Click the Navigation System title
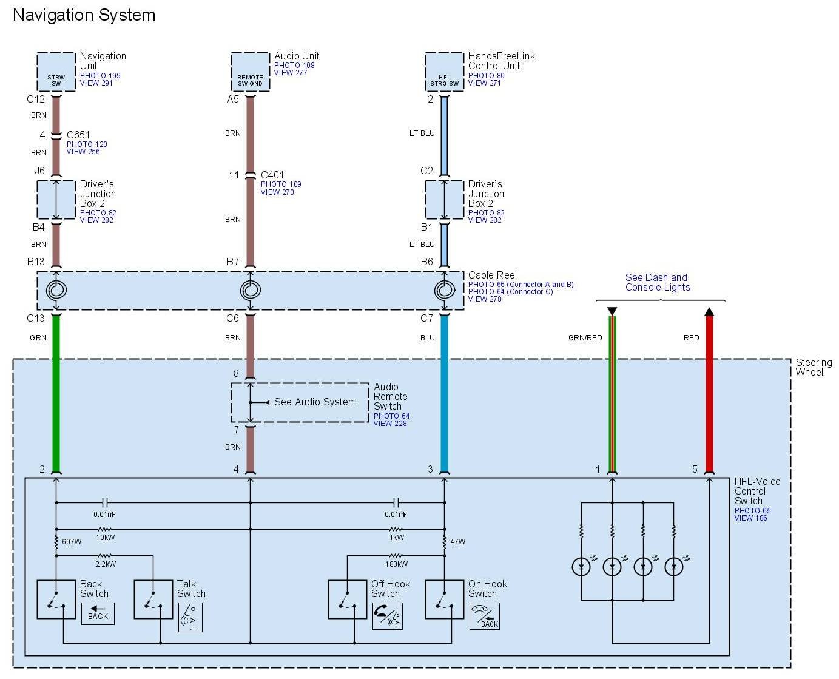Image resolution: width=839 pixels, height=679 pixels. (84, 15)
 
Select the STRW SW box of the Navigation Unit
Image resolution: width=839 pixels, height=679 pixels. (56, 72)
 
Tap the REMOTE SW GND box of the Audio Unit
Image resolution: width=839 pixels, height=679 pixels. (250, 72)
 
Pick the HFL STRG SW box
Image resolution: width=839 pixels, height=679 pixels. (444, 72)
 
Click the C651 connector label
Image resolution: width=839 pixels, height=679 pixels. (78, 135)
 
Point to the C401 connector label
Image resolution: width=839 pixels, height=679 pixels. (272, 175)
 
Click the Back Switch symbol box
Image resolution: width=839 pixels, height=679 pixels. (56, 600)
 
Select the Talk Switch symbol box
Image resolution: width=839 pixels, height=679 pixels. (153, 600)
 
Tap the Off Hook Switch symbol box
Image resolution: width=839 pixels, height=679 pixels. (348, 600)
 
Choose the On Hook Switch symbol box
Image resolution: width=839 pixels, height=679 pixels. (444, 600)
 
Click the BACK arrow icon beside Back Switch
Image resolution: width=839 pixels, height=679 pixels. (98, 613)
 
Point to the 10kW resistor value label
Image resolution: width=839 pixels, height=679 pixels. (105, 538)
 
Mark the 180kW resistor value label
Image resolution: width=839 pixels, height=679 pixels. (396, 564)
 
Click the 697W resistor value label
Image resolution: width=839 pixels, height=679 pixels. (72, 541)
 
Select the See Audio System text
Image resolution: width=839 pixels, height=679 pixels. (315, 402)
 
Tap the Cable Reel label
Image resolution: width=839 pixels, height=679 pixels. (492, 275)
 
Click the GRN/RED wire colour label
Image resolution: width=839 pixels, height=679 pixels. (585, 338)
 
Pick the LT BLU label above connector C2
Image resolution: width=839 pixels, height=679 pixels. (422, 133)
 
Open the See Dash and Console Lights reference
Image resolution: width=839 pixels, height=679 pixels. (658, 282)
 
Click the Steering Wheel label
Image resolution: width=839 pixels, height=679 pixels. (814, 367)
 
